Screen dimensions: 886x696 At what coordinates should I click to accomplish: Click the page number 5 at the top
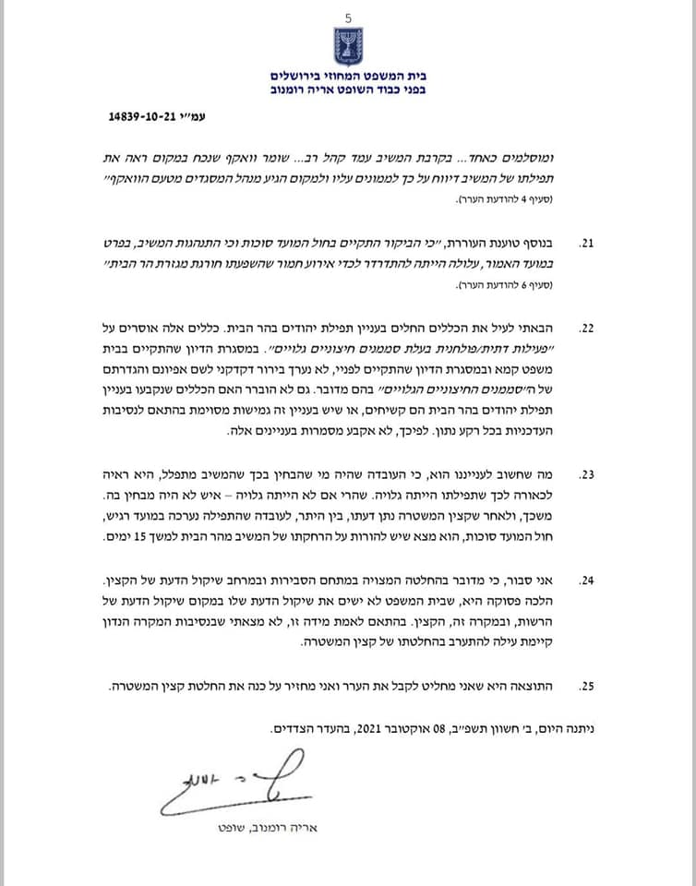click(348, 18)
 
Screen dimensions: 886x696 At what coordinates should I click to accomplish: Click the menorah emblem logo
click(348, 46)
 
